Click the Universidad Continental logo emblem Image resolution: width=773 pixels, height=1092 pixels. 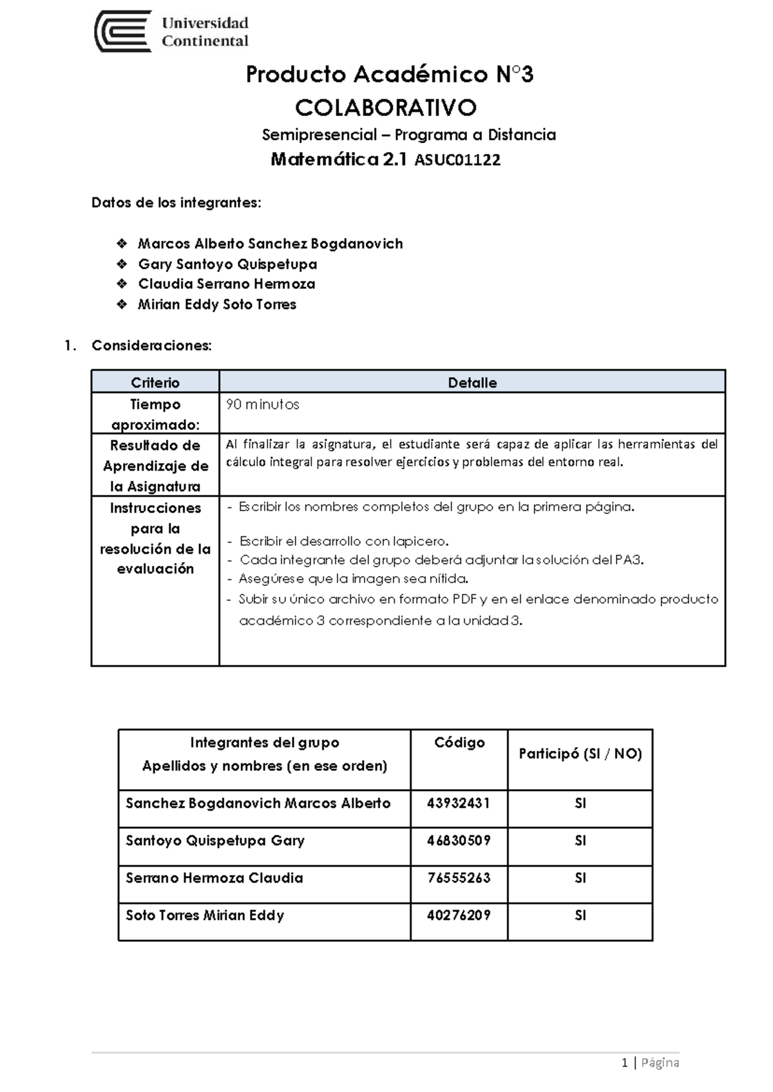tap(123, 31)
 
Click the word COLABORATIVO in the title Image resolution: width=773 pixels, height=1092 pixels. tap(385, 107)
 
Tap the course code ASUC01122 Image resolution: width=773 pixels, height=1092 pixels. tap(457, 160)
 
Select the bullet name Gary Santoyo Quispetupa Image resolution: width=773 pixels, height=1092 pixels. tap(227, 264)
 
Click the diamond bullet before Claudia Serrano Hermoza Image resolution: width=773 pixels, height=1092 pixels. tap(122, 284)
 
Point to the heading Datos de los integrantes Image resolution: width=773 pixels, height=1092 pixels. tap(176, 203)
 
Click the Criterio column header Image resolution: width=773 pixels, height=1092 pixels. tap(155, 382)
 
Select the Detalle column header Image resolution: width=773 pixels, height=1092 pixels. tap(472, 382)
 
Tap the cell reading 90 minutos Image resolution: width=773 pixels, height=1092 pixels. tap(263, 405)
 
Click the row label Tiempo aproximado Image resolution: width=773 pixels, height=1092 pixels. tap(155, 414)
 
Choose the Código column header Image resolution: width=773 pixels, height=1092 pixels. tap(459, 743)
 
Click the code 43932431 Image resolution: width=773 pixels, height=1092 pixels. tap(459, 803)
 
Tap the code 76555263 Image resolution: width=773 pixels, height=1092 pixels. tap(459, 878)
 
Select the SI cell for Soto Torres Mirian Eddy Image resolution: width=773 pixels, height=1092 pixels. tap(580, 915)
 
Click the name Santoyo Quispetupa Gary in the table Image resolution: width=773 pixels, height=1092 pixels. tap(215, 841)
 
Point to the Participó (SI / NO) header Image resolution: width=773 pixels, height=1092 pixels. tap(580, 754)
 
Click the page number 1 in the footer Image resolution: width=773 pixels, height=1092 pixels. tap(624, 1062)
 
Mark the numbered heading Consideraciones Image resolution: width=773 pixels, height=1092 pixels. tap(151, 346)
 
